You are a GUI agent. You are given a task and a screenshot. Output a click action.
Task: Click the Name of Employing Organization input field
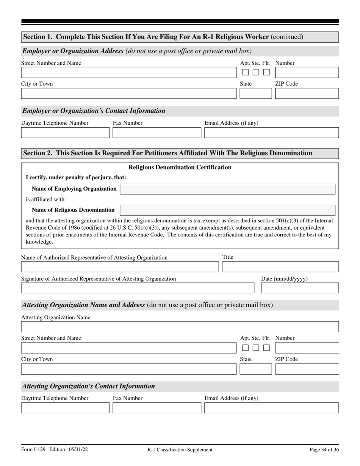click(227, 189)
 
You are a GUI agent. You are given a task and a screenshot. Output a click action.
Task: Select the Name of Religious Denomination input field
click(227, 210)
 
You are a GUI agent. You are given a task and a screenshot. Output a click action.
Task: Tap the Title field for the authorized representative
click(280, 267)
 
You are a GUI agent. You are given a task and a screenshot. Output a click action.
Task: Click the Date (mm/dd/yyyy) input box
click(300, 288)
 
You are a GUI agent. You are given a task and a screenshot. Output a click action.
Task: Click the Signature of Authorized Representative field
click(137, 288)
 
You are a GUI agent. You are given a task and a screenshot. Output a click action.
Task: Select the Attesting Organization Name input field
click(180, 327)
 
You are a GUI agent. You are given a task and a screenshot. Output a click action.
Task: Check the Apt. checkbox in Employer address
click(246, 72)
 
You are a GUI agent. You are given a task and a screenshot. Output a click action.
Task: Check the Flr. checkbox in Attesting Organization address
click(267, 347)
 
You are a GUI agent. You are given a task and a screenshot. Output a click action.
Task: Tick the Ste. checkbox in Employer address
click(256, 72)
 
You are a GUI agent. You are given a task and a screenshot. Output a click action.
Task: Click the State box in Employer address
click(255, 94)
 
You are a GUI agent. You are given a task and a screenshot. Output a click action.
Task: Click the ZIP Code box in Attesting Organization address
click(307, 369)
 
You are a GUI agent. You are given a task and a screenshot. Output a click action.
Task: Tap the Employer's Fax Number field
click(157, 133)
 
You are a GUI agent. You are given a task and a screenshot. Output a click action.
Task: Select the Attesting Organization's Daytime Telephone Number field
click(65, 408)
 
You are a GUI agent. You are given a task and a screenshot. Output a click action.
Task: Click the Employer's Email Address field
click(271, 133)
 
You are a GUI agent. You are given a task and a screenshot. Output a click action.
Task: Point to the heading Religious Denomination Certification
click(180, 167)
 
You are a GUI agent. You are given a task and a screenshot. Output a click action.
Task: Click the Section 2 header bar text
click(168, 153)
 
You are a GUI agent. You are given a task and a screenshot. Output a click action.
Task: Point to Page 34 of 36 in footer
click(324, 450)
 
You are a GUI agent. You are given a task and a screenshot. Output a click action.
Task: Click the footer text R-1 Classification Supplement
click(180, 450)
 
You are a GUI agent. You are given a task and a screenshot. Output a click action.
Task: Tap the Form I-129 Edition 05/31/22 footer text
click(55, 450)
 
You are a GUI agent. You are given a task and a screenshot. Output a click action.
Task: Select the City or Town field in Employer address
click(128, 94)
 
